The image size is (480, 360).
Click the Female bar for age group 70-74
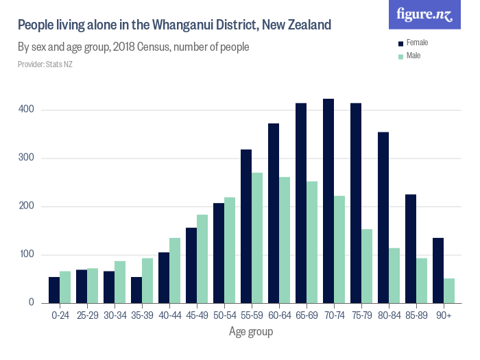328,201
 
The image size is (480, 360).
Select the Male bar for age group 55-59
257,238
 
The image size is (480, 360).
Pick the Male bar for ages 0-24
65,287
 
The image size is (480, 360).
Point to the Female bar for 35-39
136,290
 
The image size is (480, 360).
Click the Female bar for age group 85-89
411,249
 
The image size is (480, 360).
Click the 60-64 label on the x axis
279,316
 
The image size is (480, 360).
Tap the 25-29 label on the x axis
87,316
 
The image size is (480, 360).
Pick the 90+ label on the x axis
444,316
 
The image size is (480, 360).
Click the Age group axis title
251,333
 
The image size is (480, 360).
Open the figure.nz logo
424,14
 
